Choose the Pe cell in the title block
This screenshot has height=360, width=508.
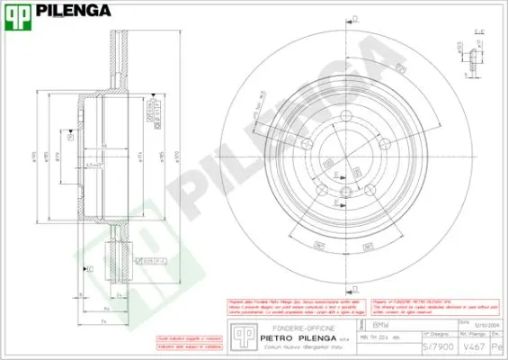click(499, 346)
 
